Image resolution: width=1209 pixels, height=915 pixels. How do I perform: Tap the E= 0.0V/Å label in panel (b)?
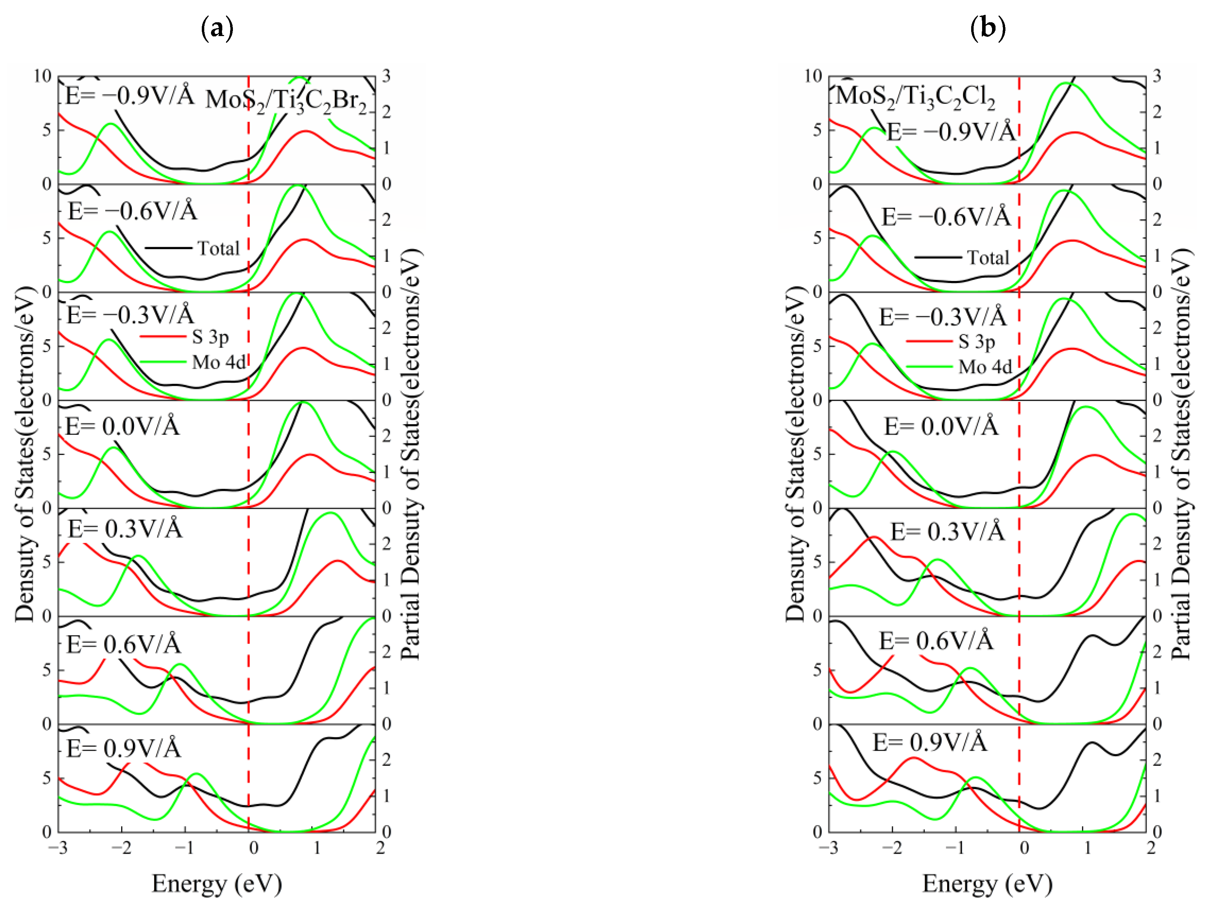coord(941,426)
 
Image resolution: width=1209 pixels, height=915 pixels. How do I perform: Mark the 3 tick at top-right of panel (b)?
coord(1157,76)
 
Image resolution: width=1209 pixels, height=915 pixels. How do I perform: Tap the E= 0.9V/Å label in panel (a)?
coord(124,748)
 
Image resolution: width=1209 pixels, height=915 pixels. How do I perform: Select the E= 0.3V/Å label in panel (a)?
coord(125,529)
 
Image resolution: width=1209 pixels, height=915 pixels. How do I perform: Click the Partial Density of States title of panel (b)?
coord(1181,454)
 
